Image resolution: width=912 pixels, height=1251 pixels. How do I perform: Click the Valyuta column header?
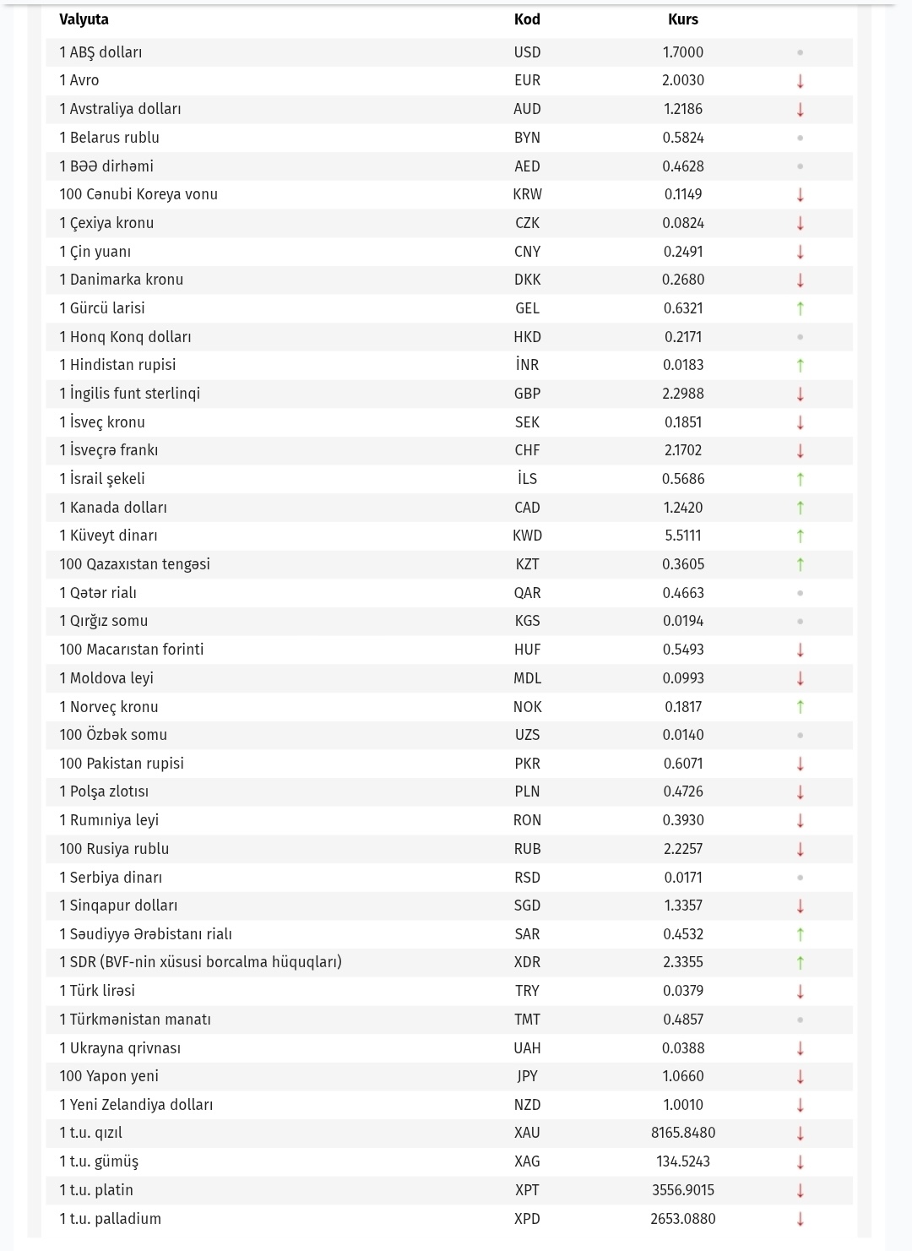point(84,19)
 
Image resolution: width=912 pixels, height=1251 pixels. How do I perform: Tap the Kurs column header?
point(682,19)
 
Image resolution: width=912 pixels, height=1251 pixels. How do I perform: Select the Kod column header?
point(527,19)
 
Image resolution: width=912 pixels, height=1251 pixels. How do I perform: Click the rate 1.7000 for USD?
point(682,52)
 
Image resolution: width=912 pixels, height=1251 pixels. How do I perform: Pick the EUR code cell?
point(527,80)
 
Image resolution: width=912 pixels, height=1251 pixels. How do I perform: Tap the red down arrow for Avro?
point(800,81)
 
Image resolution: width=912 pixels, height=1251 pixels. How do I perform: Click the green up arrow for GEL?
point(800,308)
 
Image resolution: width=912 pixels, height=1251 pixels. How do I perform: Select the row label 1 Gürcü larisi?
point(102,308)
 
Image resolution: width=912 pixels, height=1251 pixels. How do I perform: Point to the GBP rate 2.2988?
point(682,394)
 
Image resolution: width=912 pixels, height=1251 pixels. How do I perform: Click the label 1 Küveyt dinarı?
point(108,536)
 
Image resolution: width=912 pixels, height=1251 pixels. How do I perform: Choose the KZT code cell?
point(527,564)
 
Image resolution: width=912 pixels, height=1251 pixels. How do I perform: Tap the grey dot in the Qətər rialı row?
point(800,593)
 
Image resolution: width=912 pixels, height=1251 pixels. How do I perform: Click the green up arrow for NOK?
point(800,707)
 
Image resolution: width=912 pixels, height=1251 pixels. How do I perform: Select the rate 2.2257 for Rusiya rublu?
point(682,849)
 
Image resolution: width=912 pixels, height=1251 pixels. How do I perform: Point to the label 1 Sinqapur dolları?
point(118,906)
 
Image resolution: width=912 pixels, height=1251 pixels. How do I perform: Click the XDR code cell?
point(527,962)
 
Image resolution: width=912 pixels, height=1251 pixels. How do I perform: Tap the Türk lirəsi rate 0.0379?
point(682,991)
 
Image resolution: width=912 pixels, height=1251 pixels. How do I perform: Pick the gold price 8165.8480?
point(682,1133)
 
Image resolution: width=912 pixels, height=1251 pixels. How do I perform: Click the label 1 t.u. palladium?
point(110,1219)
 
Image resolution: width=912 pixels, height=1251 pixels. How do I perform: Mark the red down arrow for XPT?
point(800,1190)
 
